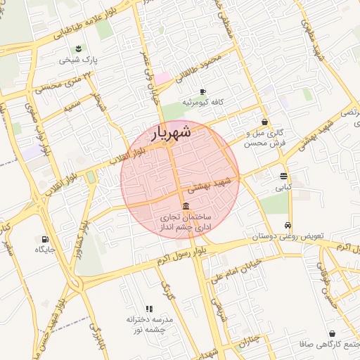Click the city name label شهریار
[171, 131]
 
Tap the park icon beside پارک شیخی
[79, 49]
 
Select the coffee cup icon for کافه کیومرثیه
[203, 91]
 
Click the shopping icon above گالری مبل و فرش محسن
[264, 121]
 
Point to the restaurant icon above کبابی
[283, 176]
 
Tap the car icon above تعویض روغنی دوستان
[288, 225]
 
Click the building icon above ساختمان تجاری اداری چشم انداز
[185, 206]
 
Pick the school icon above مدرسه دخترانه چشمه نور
[148, 309]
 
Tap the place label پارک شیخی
[76, 60]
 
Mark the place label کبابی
[283, 188]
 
